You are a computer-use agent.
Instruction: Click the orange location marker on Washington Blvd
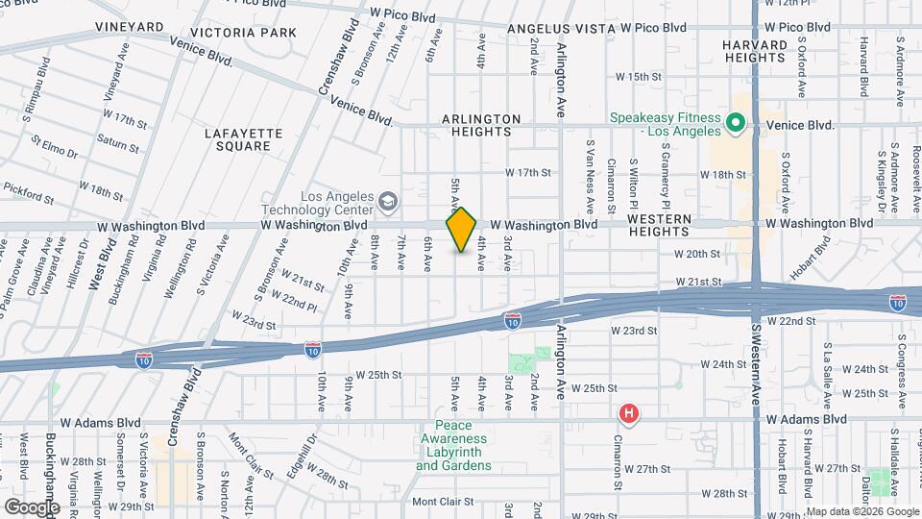(x=461, y=230)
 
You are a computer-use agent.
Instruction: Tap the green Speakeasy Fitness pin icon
(x=736, y=123)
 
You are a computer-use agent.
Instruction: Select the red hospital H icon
(x=628, y=413)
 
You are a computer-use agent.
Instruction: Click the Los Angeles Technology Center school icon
(x=387, y=201)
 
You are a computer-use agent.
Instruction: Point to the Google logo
(x=32, y=507)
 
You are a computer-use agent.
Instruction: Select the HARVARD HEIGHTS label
(x=755, y=50)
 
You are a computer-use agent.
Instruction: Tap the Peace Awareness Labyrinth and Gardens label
(x=453, y=445)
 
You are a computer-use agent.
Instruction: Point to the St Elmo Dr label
(x=54, y=149)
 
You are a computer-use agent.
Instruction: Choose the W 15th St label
(x=639, y=76)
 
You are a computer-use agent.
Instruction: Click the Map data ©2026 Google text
(x=861, y=510)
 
